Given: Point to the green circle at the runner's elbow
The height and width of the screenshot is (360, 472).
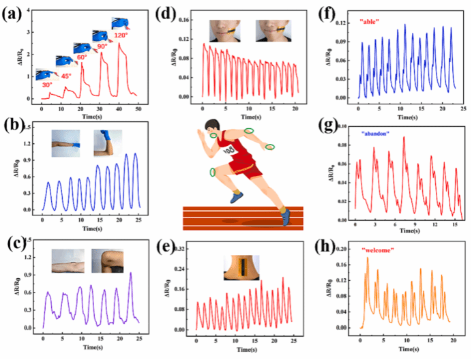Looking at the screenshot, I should pyautogui.click(x=271, y=146).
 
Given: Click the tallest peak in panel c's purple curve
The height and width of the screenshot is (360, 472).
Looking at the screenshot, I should pyautogui.click(x=130, y=273).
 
